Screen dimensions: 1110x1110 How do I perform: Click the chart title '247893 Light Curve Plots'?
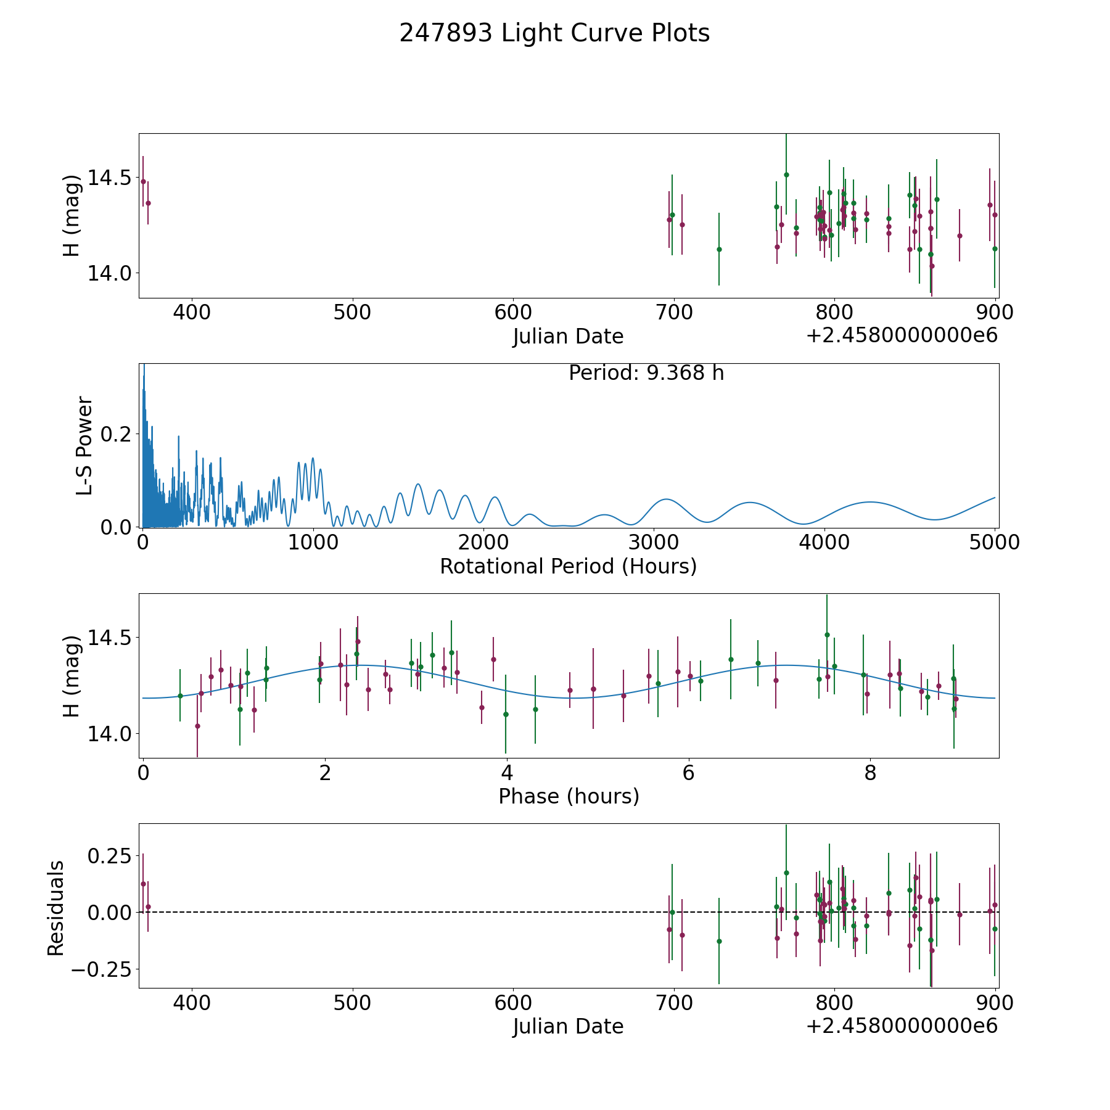(554, 33)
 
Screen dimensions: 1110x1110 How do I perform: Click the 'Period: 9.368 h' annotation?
(646, 373)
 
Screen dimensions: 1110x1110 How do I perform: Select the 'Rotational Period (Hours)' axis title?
(568, 566)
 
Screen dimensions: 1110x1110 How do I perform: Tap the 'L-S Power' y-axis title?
(84, 446)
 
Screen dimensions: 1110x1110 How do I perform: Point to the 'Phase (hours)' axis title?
(569, 796)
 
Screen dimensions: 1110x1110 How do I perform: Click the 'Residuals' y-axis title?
(56, 908)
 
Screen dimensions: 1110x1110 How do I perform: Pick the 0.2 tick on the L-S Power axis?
(116, 434)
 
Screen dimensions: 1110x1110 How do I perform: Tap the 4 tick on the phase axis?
(506, 773)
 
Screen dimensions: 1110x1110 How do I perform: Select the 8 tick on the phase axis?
(870, 773)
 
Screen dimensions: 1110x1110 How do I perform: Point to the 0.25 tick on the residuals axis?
(110, 857)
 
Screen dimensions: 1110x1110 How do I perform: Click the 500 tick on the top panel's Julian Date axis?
(352, 313)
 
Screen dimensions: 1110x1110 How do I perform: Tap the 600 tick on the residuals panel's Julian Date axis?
(513, 1003)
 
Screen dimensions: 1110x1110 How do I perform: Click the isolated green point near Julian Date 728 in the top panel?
(719, 249)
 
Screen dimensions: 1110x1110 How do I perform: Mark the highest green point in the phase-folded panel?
(827, 635)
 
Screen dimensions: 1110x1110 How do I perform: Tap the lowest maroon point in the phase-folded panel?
(197, 726)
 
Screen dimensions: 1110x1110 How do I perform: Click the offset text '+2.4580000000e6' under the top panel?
(902, 336)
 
